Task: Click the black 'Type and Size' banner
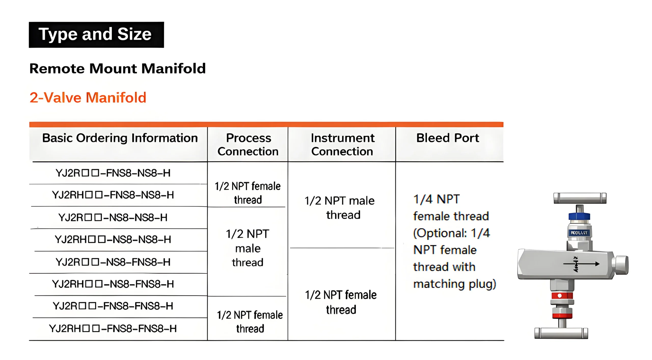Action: (x=96, y=35)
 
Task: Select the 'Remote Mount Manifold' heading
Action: (x=117, y=68)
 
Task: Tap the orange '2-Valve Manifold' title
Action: (x=88, y=98)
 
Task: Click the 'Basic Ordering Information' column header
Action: (x=120, y=138)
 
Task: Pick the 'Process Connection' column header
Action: (x=248, y=145)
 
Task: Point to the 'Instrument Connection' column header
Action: (x=342, y=145)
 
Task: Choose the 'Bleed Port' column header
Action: (x=447, y=138)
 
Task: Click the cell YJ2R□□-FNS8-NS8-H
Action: (x=113, y=173)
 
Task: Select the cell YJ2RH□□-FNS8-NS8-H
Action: (x=113, y=195)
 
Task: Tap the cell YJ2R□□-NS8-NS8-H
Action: (x=113, y=218)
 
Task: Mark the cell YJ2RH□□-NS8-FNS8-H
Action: (x=113, y=284)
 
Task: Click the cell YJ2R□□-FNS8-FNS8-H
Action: (x=113, y=306)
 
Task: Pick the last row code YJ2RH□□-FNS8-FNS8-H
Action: (x=113, y=329)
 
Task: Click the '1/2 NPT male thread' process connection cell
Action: (x=248, y=248)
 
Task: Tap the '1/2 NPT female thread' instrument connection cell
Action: (x=341, y=302)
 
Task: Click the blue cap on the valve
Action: (x=579, y=216)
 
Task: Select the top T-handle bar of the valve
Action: (x=580, y=198)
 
